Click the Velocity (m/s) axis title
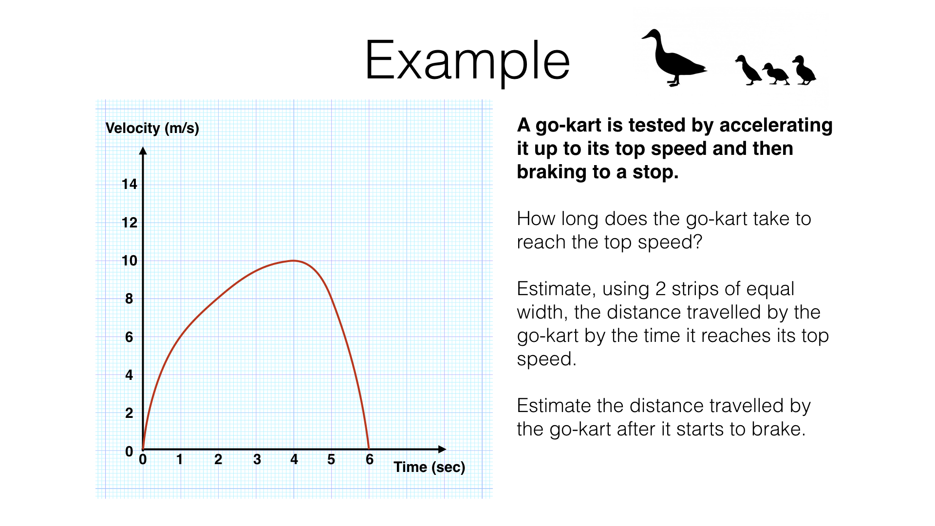pyautogui.click(x=152, y=128)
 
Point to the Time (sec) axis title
pyautogui.click(x=429, y=467)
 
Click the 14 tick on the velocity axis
pyautogui.click(x=130, y=184)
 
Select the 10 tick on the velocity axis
pyautogui.click(x=130, y=261)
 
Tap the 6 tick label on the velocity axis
pyautogui.click(x=129, y=337)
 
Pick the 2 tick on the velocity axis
pyautogui.click(x=129, y=413)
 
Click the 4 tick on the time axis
pyautogui.click(x=294, y=459)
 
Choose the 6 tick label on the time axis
pyautogui.click(x=370, y=459)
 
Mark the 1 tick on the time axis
pyautogui.click(x=180, y=459)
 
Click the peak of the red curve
pyautogui.click(x=294, y=261)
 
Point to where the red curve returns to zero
pyautogui.click(x=369, y=449)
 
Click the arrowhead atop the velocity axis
pyautogui.click(x=143, y=151)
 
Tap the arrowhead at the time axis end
pyautogui.click(x=442, y=449)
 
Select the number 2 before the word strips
pyautogui.click(x=660, y=289)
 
